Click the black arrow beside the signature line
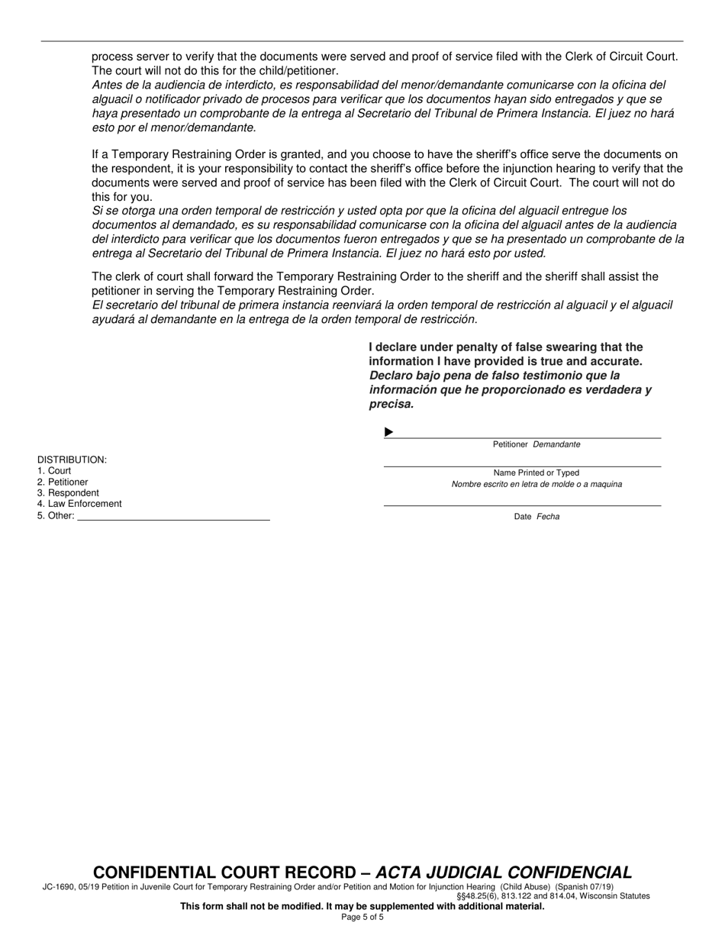point(388,432)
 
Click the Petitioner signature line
point(527,437)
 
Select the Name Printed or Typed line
point(522,466)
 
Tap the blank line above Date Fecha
point(522,505)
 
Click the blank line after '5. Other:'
point(174,519)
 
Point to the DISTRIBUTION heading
point(72,460)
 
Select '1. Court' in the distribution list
point(54,471)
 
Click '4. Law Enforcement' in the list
point(79,504)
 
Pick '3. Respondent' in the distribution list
point(68,493)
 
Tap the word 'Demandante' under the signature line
point(556,444)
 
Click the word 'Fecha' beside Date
point(548,517)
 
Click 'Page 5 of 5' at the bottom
point(362,917)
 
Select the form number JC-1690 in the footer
point(59,887)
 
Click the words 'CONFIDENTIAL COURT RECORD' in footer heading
point(224,873)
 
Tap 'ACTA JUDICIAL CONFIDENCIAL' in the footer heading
point(504,873)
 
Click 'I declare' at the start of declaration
point(393,347)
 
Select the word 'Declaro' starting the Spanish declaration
point(391,376)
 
